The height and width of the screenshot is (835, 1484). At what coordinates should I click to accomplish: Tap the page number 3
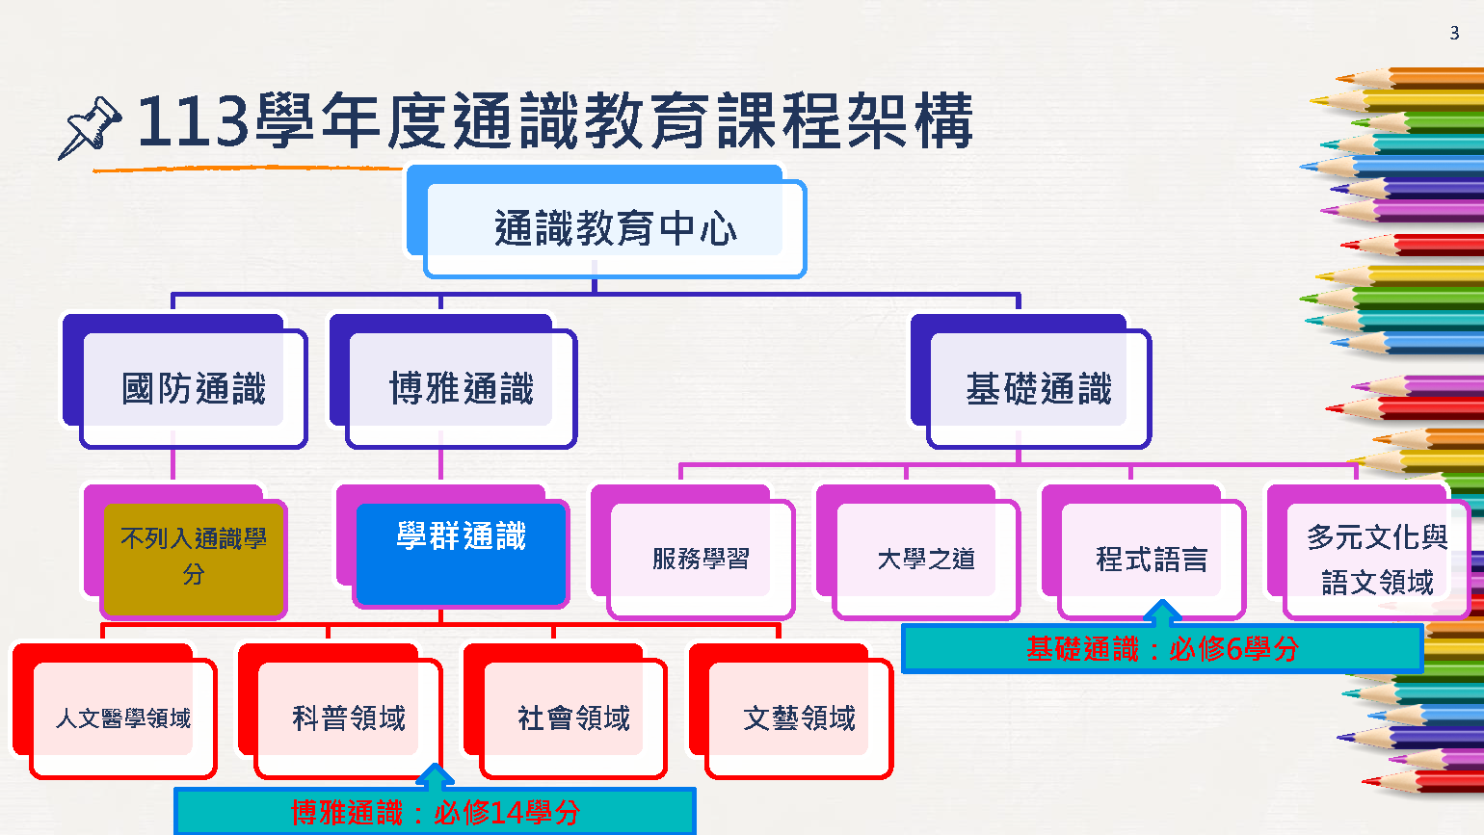[x=1454, y=34]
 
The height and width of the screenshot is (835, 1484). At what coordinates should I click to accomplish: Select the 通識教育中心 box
[x=614, y=229]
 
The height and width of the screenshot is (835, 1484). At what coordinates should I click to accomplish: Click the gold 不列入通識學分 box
[x=194, y=557]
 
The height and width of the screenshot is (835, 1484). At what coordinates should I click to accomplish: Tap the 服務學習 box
[x=701, y=559]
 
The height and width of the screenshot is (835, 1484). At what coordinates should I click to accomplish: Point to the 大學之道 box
[x=926, y=559]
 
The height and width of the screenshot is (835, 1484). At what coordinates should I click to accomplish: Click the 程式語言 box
[x=1152, y=559]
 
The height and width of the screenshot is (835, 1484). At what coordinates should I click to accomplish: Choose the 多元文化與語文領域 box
[x=1377, y=559]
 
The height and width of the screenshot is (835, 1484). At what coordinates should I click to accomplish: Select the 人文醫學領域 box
[x=123, y=718]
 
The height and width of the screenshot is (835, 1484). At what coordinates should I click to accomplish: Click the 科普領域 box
[x=349, y=718]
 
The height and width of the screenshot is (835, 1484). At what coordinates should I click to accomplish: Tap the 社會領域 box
[x=573, y=718]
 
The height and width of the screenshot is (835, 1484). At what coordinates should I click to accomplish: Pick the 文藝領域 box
[x=799, y=718]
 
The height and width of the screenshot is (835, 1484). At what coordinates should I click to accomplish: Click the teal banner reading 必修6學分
[x=1162, y=649]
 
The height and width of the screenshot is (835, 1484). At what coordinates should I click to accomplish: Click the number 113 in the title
[x=193, y=122]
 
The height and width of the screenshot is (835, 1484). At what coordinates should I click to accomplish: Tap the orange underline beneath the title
[x=247, y=169]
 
